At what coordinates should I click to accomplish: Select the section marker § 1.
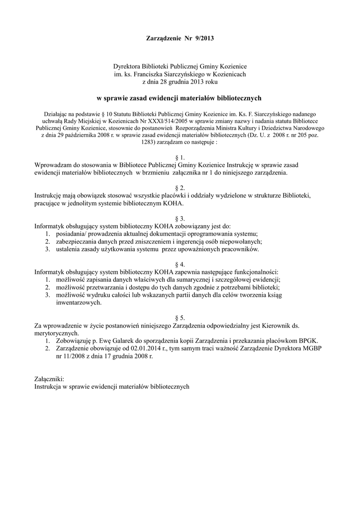pos(180,157)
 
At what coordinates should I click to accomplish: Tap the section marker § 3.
pos(180,218)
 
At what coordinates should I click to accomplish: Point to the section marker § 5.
pos(180,317)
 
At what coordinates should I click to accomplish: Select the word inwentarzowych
pos(79,302)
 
